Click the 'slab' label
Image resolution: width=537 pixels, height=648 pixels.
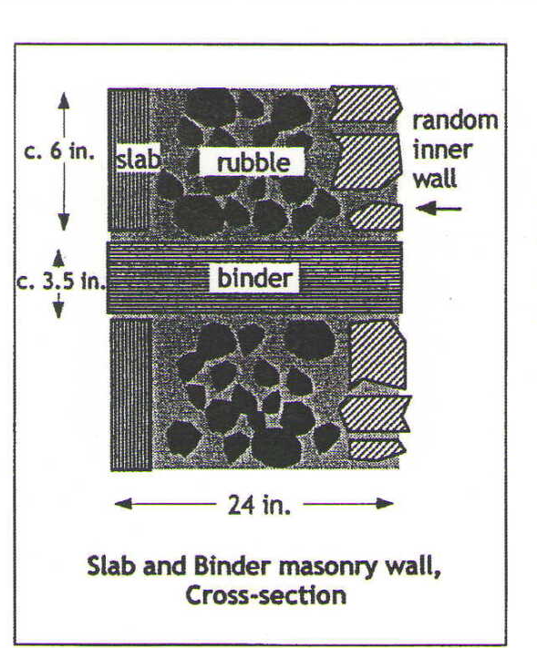(x=138, y=159)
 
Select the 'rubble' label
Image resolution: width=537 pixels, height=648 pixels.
(x=253, y=162)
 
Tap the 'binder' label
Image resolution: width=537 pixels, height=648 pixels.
(x=254, y=278)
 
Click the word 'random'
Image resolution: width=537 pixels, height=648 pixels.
(x=455, y=120)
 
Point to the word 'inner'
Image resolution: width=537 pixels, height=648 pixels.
(x=442, y=149)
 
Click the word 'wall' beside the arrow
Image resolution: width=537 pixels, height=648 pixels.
(x=435, y=179)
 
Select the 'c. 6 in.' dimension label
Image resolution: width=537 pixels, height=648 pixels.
(x=59, y=151)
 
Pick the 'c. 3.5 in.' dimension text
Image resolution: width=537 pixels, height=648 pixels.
(x=61, y=283)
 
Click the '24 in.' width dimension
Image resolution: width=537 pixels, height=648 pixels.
(x=259, y=505)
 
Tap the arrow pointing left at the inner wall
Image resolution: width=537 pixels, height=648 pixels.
(x=439, y=209)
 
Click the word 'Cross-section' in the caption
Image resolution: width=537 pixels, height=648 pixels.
(x=265, y=595)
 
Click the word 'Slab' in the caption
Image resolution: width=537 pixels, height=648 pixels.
(x=111, y=566)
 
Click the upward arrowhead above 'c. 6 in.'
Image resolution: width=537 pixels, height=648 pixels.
(x=63, y=101)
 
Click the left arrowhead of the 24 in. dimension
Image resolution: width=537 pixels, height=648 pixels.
(x=123, y=504)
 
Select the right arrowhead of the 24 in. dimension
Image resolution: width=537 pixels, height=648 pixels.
(x=384, y=503)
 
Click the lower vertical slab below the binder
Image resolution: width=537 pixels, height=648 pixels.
(x=131, y=395)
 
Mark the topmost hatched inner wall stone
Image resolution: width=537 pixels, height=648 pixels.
(x=367, y=104)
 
